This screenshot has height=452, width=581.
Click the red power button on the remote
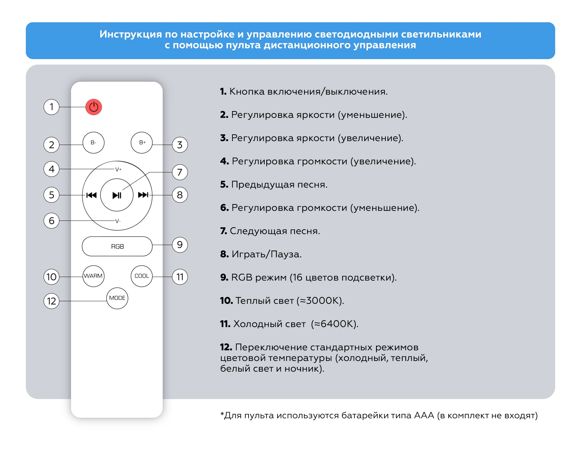94,107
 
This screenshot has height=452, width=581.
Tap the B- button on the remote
94,142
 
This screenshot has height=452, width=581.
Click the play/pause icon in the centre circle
117,195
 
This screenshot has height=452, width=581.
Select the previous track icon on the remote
91,195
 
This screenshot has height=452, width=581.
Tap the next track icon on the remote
143,195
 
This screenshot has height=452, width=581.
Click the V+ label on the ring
118,169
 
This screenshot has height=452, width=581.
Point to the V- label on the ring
118,221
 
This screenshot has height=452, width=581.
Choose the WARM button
93,276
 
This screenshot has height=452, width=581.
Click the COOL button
142,276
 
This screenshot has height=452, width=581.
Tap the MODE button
117,298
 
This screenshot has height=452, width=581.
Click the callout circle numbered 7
180,172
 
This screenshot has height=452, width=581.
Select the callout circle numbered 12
52,301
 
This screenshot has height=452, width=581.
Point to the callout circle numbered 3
180,145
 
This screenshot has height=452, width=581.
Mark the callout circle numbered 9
180,245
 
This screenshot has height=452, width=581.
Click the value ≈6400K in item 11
334,324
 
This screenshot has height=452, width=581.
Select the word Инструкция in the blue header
130,34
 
